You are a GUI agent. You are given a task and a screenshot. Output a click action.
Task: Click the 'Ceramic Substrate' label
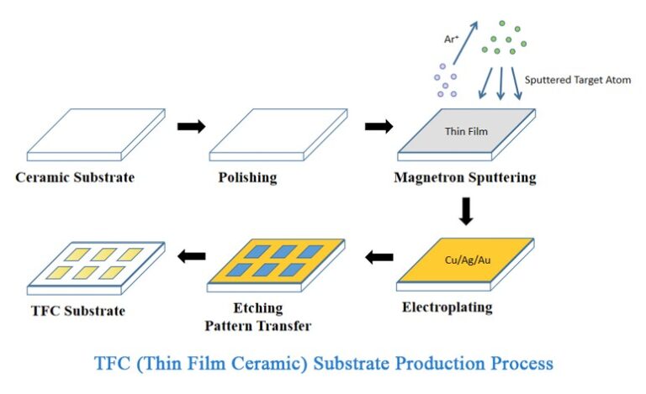75,178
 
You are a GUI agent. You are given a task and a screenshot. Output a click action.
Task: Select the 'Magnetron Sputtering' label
464,178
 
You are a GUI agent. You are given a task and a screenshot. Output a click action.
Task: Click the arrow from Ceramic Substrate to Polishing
190,127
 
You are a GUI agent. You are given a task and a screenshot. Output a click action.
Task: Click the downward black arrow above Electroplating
466,209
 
